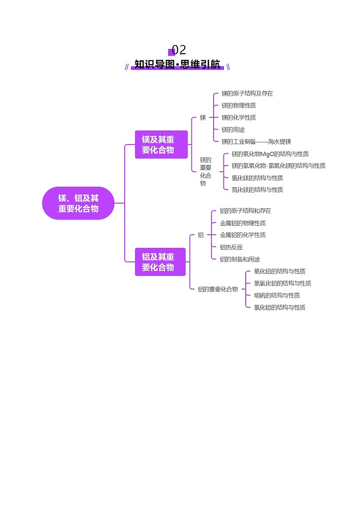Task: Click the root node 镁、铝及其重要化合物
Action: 78,203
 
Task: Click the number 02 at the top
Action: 179,50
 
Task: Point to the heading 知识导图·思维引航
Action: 178,64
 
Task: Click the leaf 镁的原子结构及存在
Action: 247,93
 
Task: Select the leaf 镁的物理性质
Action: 238,106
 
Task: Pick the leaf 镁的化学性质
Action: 238,117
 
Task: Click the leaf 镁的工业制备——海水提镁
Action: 256,141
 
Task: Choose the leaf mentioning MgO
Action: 270,154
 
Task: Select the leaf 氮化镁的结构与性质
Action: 257,189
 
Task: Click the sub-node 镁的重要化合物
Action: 205,171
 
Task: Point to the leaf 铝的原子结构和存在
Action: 245,211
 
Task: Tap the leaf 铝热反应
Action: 231,247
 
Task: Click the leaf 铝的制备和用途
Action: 240,259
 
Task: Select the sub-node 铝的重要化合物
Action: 218,289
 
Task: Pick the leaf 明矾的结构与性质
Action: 277,295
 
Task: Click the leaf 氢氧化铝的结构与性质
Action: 282,283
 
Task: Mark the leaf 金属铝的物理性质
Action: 243,223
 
